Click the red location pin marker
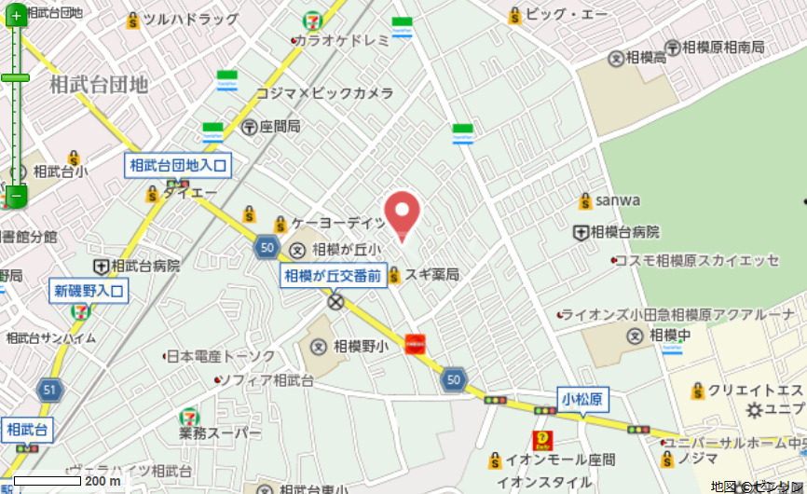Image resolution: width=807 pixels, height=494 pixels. pyautogui.click(x=403, y=213)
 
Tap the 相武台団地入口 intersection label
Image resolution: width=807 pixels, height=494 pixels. pyautogui.click(x=178, y=166)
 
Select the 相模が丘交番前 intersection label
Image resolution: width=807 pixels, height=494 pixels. pyautogui.click(x=334, y=275)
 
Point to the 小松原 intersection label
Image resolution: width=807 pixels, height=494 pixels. pyautogui.click(x=582, y=400)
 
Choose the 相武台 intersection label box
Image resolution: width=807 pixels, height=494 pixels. pyautogui.click(x=27, y=430)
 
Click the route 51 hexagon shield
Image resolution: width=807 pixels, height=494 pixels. pyautogui.click(x=49, y=390)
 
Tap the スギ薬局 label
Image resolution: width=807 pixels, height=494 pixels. pyautogui.click(x=431, y=274)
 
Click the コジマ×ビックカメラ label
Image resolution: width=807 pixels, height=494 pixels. pyautogui.click(x=324, y=93)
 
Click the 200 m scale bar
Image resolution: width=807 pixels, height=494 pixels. pyautogui.click(x=48, y=481)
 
